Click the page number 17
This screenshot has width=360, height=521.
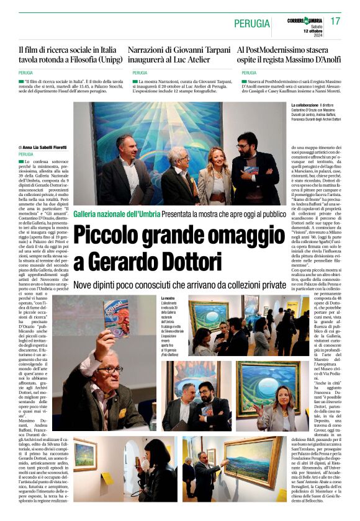point(335,21)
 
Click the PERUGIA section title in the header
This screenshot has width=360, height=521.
point(252,24)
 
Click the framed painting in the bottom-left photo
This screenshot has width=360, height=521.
point(84,454)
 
